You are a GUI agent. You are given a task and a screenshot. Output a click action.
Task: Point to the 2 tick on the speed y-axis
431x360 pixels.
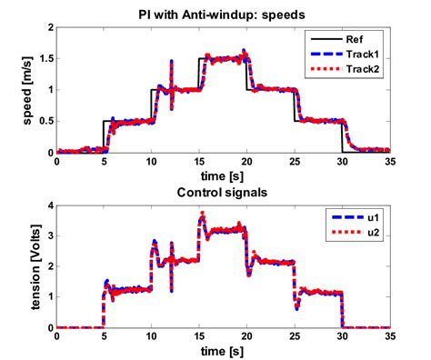(48, 27)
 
